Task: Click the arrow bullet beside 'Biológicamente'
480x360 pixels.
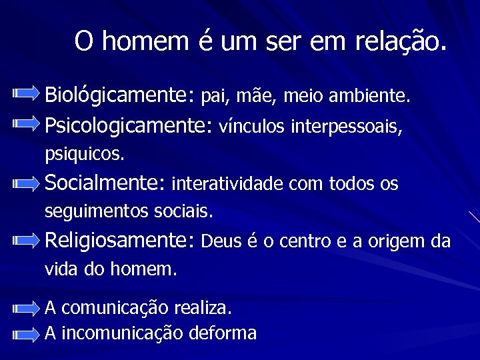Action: click(26, 95)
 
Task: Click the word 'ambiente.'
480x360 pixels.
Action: click(367, 97)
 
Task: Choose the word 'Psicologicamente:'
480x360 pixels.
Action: click(127, 125)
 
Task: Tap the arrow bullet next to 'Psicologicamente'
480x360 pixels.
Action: click(26, 123)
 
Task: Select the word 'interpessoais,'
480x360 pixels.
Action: click(347, 125)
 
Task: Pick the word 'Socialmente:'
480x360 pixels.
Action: click(105, 183)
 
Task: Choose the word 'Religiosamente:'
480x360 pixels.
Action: click(119, 240)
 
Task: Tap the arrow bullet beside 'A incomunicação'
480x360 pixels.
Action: click(26, 335)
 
